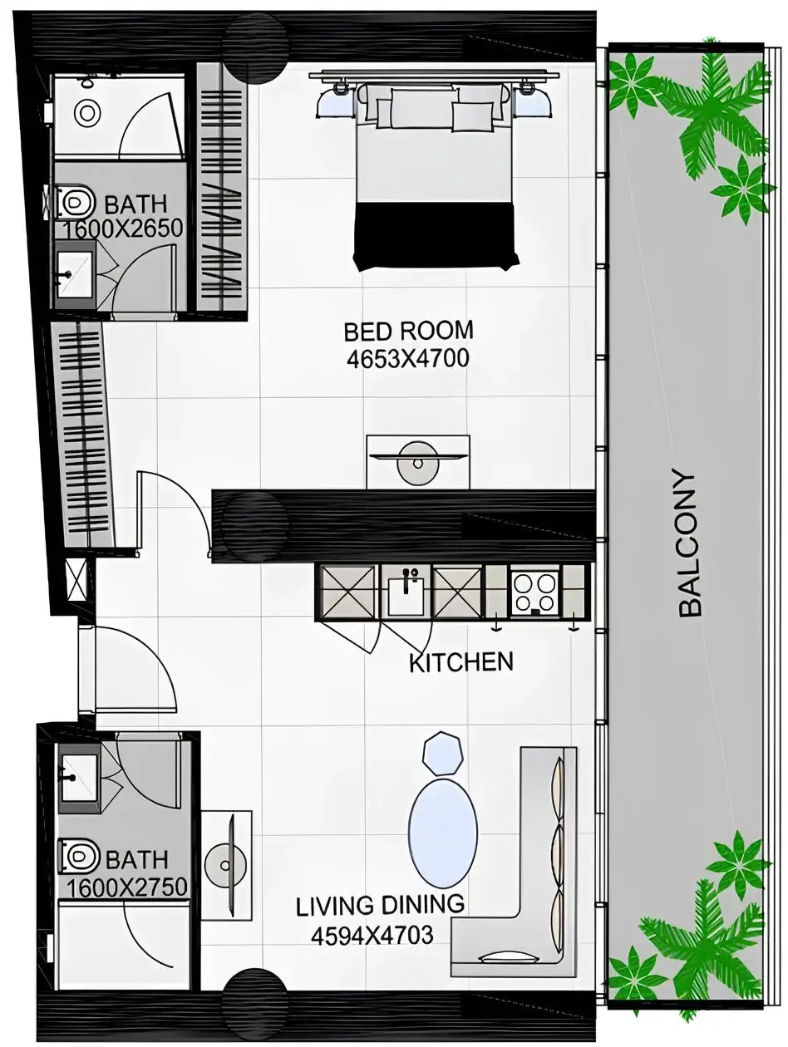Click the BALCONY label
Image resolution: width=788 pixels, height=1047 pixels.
[x=690, y=544]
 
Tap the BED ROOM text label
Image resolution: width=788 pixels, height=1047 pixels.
[x=408, y=331]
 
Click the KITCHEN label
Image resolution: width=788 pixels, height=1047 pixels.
[x=460, y=662]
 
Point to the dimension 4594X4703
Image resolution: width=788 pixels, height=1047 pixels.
[x=372, y=936]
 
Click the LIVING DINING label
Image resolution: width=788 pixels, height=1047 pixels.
[x=380, y=906]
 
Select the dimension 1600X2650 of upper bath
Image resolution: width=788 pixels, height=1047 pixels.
[x=123, y=229]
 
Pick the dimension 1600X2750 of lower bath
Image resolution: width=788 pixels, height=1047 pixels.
[x=126, y=887]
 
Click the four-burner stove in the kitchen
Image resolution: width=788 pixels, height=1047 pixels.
[x=534, y=592]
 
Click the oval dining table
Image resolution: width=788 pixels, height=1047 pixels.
[x=443, y=833]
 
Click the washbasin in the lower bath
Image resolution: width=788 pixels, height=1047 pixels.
[x=77, y=779]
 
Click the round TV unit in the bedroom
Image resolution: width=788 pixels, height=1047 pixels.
[x=417, y=462]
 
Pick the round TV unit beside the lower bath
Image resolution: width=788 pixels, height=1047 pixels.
[x=225, y=866]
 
